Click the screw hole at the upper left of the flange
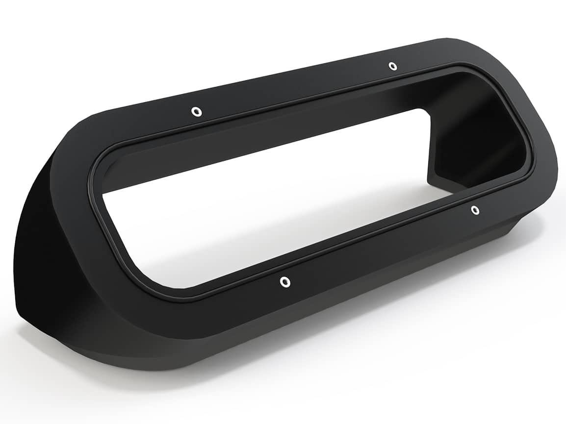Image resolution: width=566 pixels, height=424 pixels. coord(196,112)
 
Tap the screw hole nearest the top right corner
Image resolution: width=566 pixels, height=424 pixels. coord(392,66)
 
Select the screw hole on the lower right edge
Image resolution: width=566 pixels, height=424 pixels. coord(475,210)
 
